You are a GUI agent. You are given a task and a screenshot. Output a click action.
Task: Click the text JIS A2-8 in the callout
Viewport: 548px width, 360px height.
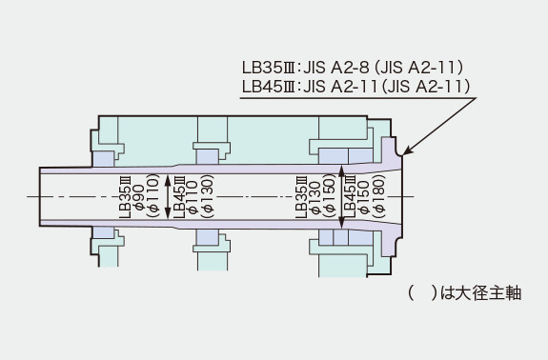coord(335,68)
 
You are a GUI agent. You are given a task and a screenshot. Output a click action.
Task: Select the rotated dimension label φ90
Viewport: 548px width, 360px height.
coord(139,197)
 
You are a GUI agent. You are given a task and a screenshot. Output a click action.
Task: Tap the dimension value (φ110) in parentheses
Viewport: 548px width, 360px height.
coord(153,196)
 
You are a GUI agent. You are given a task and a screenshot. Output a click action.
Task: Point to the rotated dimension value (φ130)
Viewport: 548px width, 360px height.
coord(207,196)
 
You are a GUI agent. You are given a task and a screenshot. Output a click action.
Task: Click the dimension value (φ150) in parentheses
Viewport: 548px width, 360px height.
coord(329,196)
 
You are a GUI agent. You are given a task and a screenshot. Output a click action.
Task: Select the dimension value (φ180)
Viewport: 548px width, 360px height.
coord(379,196)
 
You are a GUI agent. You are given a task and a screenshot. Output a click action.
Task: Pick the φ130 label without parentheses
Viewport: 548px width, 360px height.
coord(315,198)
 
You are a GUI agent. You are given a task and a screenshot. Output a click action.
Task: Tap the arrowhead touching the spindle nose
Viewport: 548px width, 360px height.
coord(407,151)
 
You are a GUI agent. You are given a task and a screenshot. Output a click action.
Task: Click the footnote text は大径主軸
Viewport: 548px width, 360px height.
coord(481,292)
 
